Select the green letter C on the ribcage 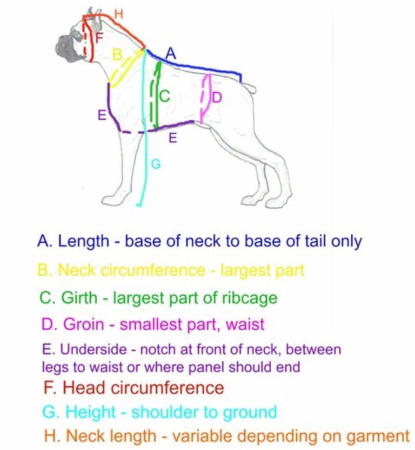[x=165, y=96]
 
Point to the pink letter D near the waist [x=217, y=98]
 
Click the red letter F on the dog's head [x=99, y=38]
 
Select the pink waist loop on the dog [x=205, y=97]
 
